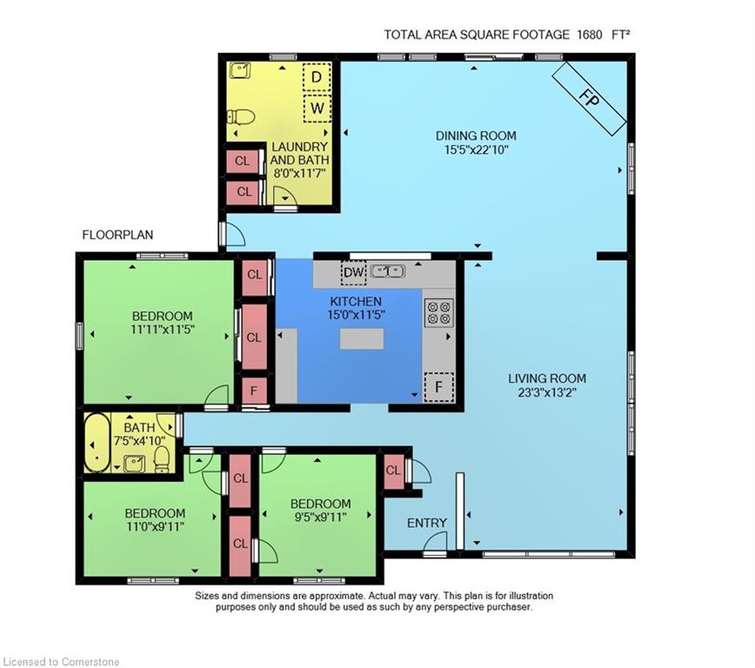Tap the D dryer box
pyautogui.click(x=317, y=77)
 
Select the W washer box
pyautogui.click(x=317, y=108)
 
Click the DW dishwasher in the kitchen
pyautogui.click(x=354, y=272)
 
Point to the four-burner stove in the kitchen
pyautogui.click(x=438, y=312)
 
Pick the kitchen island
pyautogui.click(x=362, y=338)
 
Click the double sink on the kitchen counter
pyautogui.click(x=388, y=271)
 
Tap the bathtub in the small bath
pyautogui.click(x=97, y=442)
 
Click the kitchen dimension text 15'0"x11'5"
pyautogui.click(x=356, y=315)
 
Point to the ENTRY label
pyautogui.click(x=426, y=523)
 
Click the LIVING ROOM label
pyautogui.click(x=547, y=378)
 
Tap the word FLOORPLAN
pyautogui.click(x=117, y=235)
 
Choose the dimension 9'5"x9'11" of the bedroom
pyautogui.click(x=320, y=518)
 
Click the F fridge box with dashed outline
pyautogui.click(x=438, y=387)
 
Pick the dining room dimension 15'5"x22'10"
pyautogui.click(x=476, y=150)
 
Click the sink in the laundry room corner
pyautogui.click(x=239, y=70)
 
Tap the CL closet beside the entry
pyautogui.click(x=393, y=471)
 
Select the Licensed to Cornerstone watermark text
pyautogui.click(x=61, y=662)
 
